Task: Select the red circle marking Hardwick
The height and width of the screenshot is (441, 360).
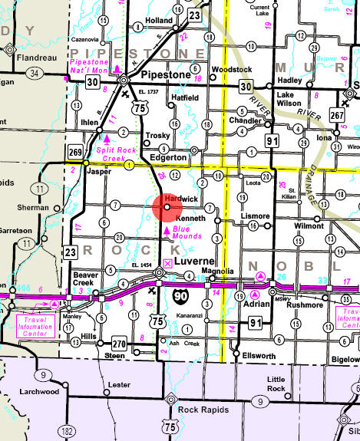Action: coord(167,207)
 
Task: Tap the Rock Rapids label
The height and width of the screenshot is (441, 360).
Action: coord(203,410)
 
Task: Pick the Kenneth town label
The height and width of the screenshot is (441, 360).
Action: coord(190,219)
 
